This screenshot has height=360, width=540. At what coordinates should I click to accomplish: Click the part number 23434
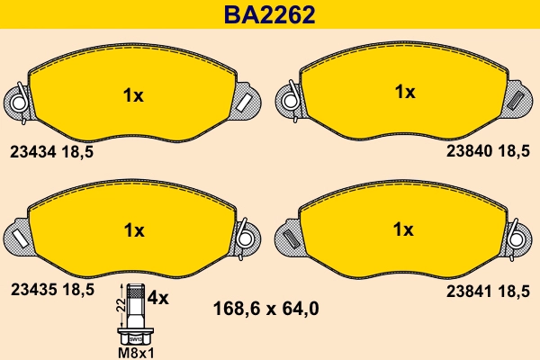[32, 152]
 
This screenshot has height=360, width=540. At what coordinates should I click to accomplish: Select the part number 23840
[469, 152]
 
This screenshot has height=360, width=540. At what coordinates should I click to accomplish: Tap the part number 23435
[32, 290]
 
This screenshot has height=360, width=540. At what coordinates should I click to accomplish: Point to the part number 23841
[469, 290]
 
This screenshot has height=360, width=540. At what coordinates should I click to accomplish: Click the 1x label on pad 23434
[132, 96]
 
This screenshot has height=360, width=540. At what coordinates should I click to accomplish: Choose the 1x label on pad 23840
[404, 92]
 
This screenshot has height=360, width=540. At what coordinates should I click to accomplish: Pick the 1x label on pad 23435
[132, 231]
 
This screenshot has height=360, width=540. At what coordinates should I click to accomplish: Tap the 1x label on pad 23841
[404, 229]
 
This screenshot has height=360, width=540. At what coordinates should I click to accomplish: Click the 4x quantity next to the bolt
[158, 297]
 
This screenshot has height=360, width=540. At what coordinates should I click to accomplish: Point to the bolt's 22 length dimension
[121, 307]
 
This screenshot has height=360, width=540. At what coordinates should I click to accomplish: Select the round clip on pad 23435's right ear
[245, 236]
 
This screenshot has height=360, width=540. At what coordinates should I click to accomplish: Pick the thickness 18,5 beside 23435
[76, 290]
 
